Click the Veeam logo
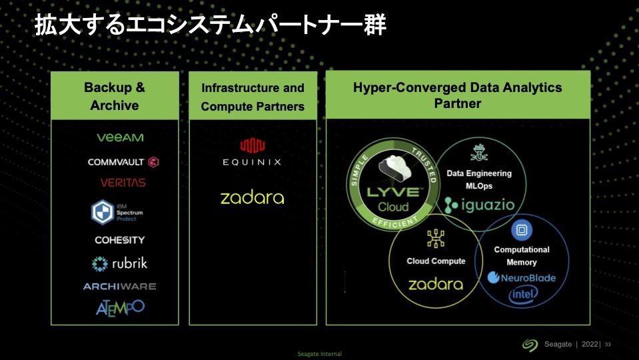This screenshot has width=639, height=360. [x=120, y=137]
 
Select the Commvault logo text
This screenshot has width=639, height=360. [x=116, y=162]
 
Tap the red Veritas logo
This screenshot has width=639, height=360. [x=123, y=183]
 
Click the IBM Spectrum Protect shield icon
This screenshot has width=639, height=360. [x=103, y=212]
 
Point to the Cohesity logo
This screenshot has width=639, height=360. [x=120, y=240]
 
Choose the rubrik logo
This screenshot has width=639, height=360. [x=119, y=263]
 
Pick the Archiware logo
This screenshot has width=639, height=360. [x=120, y=287]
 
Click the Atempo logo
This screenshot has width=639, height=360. [x=120, y=308]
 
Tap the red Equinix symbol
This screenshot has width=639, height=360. [x=253, y=145]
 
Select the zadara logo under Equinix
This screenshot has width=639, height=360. [x=253, y=198]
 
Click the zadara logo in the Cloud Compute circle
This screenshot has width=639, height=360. [x=436, y=284]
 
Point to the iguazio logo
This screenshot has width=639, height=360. [x=479, y=205]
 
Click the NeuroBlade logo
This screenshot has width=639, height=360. [x=522, y=277]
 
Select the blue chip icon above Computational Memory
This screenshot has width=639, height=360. [x=521, y=230]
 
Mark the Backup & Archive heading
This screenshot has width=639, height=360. [x=115, y=96]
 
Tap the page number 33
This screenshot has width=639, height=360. [x=608, y=345]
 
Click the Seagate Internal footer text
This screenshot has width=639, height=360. [x=320, y=354]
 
